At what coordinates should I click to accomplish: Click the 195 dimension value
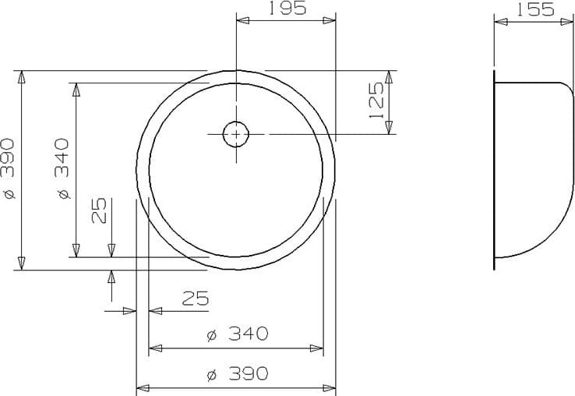286,9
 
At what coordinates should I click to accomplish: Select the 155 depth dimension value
534,9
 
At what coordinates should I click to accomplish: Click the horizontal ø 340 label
238,334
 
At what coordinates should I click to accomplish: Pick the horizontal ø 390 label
238,374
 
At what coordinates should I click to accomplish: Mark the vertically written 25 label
99,210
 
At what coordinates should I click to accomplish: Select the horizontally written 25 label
196,298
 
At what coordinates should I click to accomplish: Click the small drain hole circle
236,134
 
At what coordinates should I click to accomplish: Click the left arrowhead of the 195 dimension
242,21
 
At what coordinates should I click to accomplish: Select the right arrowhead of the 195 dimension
330,21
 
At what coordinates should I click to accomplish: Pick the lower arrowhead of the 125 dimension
390,128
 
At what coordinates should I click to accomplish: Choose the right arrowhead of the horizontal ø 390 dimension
330,387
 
